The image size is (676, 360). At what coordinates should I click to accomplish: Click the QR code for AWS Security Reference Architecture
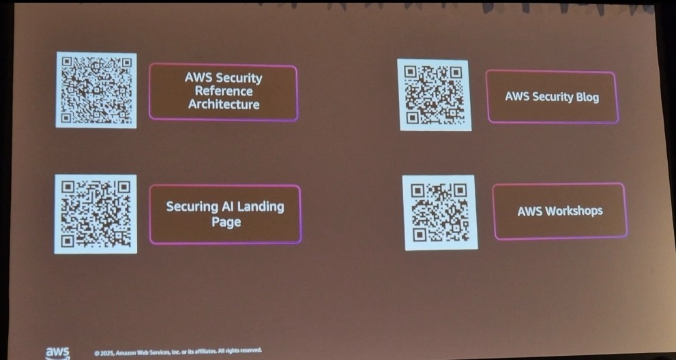[96, 90]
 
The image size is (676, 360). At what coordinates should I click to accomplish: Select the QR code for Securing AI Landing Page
[95, 214]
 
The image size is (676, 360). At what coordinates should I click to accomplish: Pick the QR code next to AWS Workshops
[440, 212]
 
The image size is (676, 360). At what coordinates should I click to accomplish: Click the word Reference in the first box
[224, 91]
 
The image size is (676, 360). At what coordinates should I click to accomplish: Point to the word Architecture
[224, 104]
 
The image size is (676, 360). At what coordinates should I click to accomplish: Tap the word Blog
[587, 97]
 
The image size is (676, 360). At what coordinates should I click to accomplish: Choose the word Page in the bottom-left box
[226, 222]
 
